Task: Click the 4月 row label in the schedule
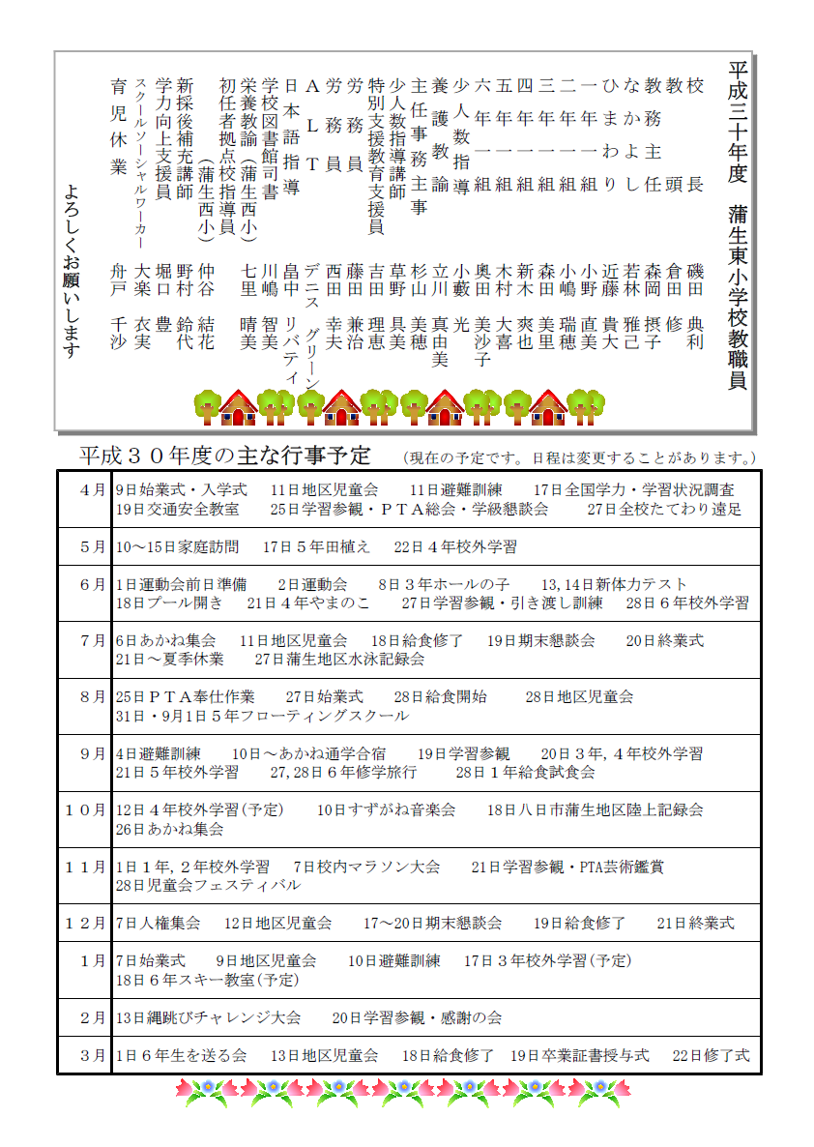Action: (x=93, y=490)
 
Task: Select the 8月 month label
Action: (x=93, y=696)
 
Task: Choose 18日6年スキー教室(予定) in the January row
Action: (x=207, y=980)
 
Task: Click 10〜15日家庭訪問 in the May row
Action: (x=177, y=546)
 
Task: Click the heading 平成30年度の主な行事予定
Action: (x=225, y=455)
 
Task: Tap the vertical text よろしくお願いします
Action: (x=70, y=271)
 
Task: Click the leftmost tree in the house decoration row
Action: (x=208, y=404)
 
